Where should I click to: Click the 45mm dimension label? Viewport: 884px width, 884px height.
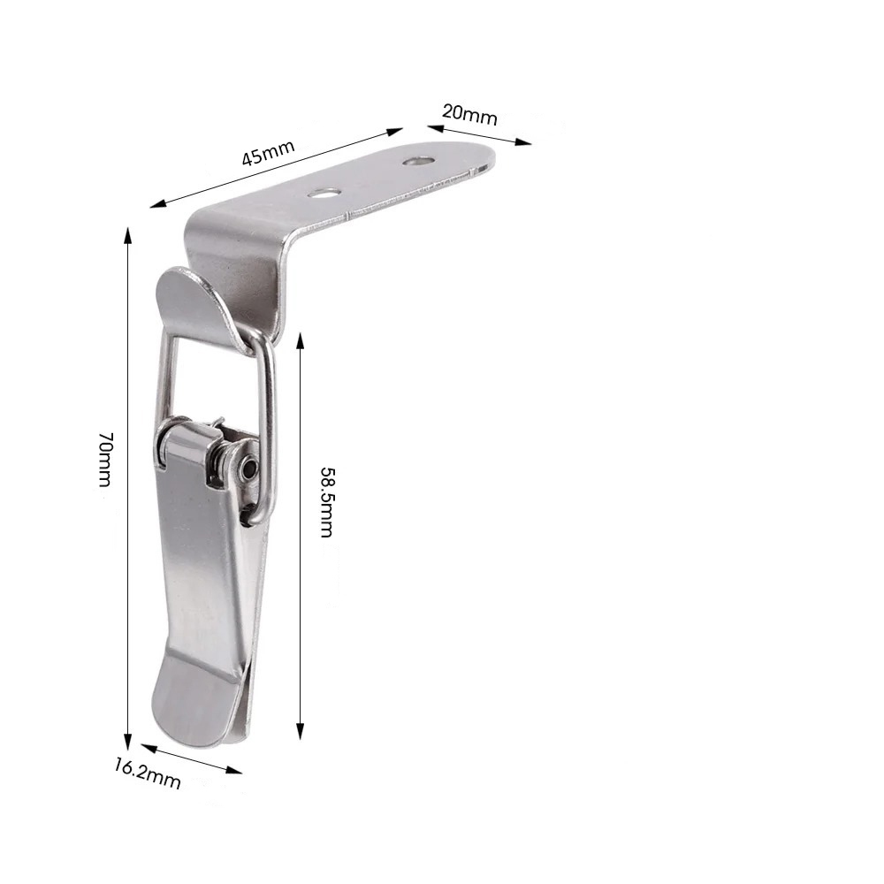(x=269, y=152)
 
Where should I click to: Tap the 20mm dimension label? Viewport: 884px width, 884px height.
(x=469, y=114)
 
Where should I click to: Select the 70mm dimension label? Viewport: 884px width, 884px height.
(x=106, y=459)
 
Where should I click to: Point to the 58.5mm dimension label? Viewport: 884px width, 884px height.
(x=327, y=502)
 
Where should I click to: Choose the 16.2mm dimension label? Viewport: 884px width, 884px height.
(x=148, y=773)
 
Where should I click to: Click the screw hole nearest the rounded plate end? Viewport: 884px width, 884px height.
(x=418, y=161)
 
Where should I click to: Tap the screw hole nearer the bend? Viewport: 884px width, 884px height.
(x=324, y=194)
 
